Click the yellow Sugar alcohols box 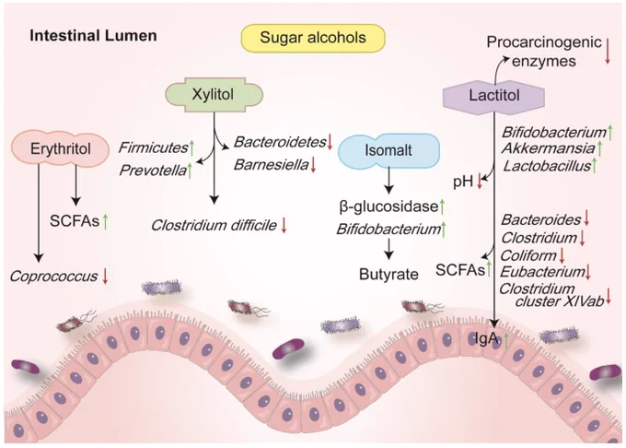pos(313,38)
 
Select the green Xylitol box pos(214,95)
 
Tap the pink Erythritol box pos(60,148)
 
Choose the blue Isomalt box pos(388,150)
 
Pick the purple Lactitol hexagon pos(493,96)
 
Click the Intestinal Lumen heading pos(93,36)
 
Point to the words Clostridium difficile pos(214,225)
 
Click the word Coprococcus pos(53,277)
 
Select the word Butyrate pos(388,274)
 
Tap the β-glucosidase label pos(388,206)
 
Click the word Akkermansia pos(548,148)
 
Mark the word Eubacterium pos(542,272)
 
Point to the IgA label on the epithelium pos(486,339)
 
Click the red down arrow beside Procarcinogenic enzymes pos(608,51)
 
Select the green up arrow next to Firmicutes pos(191,147)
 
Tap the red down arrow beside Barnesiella pos(313,165)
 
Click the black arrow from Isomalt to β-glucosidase pos(388,181)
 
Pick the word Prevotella pos(153,171)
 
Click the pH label pos(463,183)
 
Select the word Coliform pos(528,255)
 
